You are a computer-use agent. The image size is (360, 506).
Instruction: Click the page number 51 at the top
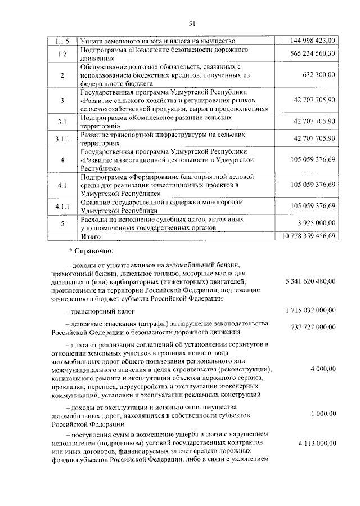[191, 23]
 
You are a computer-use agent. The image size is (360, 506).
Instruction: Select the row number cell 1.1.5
[62, 41]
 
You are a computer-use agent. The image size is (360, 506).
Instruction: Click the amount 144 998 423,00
[313, 41]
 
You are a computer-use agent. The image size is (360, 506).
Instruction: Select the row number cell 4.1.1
[62, 207]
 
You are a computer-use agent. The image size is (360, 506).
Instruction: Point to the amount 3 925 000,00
[316, 223]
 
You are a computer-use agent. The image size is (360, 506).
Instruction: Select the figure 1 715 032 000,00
[310, 310]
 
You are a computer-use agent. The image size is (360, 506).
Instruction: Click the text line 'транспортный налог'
[100, 311]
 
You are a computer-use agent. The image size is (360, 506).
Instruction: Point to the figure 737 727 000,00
[313, 327]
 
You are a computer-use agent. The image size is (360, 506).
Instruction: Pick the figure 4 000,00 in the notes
[323, 369]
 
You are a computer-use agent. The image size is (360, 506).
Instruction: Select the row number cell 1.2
[62, 53]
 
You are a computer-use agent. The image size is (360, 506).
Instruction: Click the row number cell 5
[62, 223]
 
